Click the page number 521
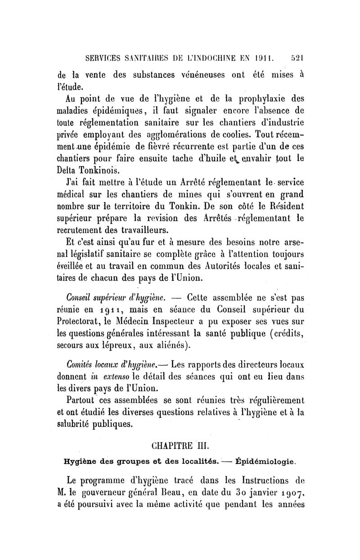(x=298, y=58)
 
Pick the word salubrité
(x=79, y=424)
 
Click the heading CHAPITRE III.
(x=180, y=446)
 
